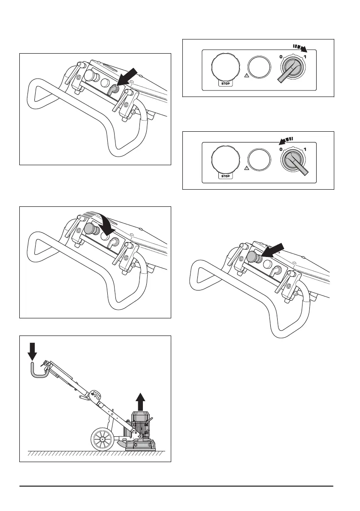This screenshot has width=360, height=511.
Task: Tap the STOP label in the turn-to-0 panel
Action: (x=225, y=176)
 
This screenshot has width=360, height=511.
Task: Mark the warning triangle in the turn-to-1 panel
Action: (x=248, y=75)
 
